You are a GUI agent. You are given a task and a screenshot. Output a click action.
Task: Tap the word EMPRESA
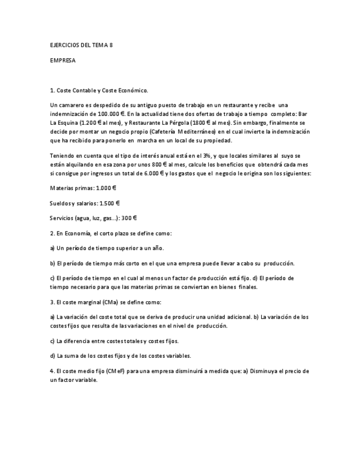click(63, 60)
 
